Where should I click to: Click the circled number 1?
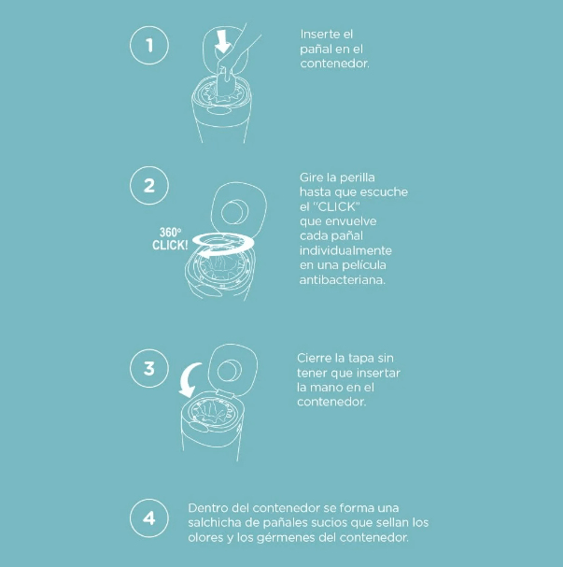(148, 45)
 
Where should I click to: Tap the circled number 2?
(148, 186)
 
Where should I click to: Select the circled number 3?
(148, 368)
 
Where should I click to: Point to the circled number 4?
(148, 518)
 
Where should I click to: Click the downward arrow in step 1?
(222, 42)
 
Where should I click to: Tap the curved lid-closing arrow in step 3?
(189, 379)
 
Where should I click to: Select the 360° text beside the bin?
(170, 233)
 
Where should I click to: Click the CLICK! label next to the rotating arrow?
(170, 245)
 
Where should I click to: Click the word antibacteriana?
(343, 280)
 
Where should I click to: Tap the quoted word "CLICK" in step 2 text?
(336, 206)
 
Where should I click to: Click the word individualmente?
(345, 250)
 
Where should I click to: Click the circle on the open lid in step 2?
(235, 213)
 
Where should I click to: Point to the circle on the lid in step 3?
(230, 371)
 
